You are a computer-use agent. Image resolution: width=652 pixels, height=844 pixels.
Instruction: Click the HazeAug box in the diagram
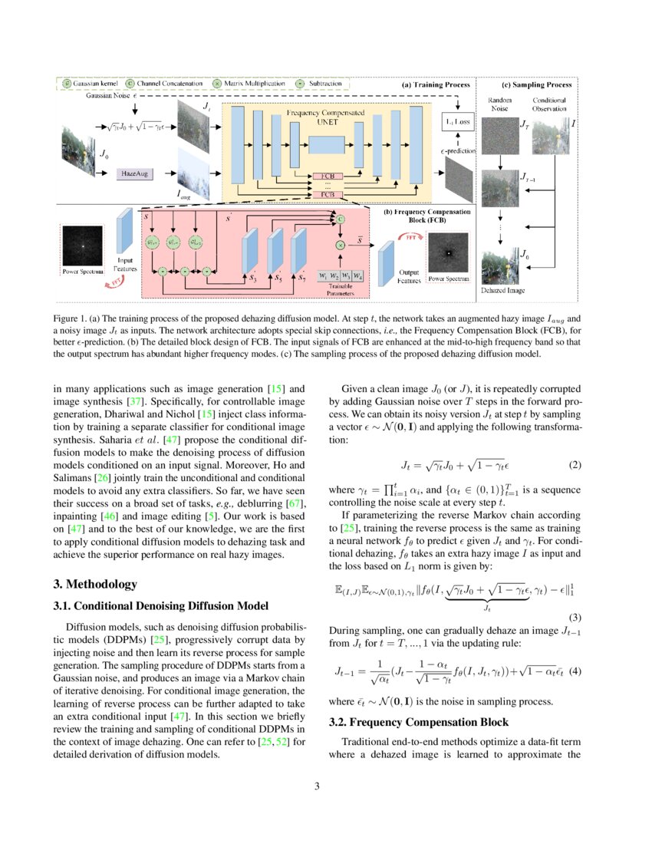(x=133, y=174)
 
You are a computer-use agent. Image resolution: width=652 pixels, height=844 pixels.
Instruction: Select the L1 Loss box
(x=457, y=122)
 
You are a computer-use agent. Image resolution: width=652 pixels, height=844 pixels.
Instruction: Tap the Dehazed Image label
(x=503, y=292)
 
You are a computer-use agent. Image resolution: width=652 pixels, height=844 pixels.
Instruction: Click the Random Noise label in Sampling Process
(x=499, y=104)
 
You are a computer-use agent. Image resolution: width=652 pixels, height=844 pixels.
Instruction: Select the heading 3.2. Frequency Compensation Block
(x=410, y=722)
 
